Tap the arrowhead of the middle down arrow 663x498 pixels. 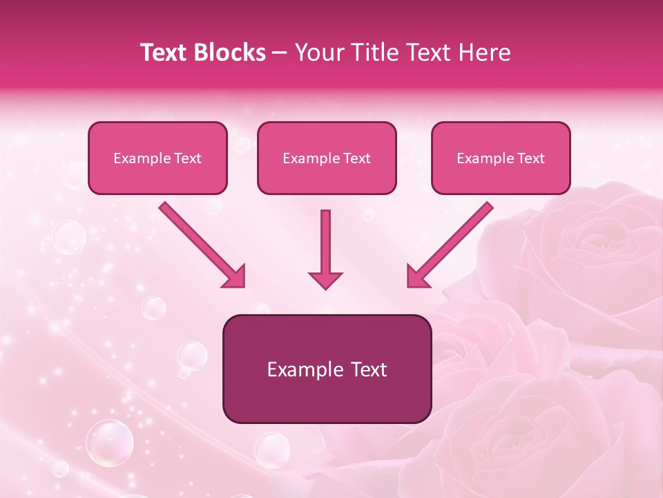(325, 279)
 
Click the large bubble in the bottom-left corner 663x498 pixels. (109, 443)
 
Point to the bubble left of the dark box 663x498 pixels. (192, 356)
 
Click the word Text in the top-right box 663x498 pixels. (530, 158)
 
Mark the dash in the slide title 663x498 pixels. (280, 53)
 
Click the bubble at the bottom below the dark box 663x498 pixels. (272, 450)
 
